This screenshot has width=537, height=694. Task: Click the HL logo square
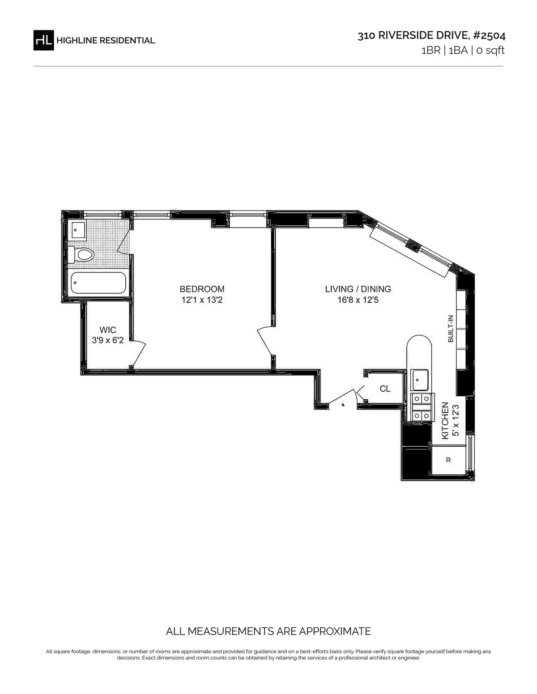coord(43,40)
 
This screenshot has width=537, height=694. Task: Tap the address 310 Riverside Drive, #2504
coord(431,35)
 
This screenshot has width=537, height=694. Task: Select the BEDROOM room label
coord(202,289)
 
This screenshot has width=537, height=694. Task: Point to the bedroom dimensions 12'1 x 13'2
coord(202,300)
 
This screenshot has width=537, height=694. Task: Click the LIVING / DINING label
coord(358,289)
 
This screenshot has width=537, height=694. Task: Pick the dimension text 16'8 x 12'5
coord(358,300)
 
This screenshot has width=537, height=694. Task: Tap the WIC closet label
coord(108,330)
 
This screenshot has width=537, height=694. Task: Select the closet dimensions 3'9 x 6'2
coord(108,340)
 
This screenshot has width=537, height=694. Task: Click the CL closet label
coord(385,389)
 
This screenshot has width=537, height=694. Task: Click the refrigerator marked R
coord(448,460)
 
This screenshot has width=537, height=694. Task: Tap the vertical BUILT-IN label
coord(451,329)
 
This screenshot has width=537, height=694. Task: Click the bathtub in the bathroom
coord(98,283)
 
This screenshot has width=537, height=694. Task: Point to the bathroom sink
coord(79,230)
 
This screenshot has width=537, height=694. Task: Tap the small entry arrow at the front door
coord(343,405)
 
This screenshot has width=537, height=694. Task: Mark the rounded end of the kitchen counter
coord(419,343)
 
